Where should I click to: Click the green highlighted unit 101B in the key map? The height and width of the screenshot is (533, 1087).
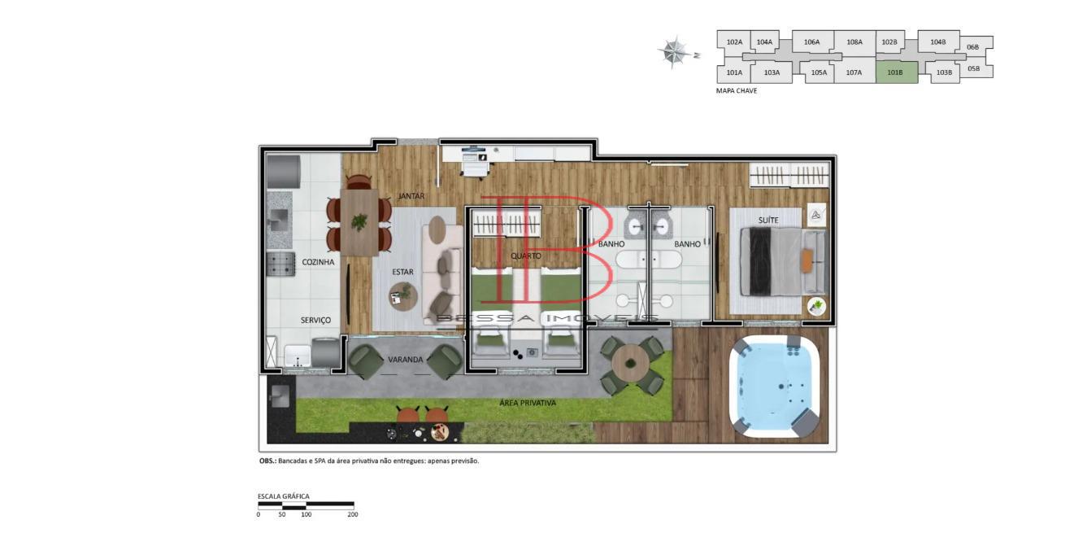tap(896, 72)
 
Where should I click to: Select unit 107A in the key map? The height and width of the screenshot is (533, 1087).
tap(854, 72)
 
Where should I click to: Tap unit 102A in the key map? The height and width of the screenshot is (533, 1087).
tap(734, 42)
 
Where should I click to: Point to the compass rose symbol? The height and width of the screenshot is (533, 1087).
tap(674, 51)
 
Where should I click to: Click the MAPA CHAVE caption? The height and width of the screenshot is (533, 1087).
tap(736, 91)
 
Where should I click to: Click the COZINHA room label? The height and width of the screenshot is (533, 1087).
tap(318, 262)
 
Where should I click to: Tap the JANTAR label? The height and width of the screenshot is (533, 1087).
tap(411, 196)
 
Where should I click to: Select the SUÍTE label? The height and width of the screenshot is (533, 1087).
tap(768, 221)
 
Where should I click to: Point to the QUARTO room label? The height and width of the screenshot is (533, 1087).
tap(525, 256)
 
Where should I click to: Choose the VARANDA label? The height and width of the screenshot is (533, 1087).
tap(405, 360)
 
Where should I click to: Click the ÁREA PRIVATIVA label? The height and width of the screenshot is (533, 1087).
tap(528, 404)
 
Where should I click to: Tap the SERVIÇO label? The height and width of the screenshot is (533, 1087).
tap(315, 321)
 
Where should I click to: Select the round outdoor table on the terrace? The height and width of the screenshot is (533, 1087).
tap(630, 363)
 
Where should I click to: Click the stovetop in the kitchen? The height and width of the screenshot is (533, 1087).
tap(280, 264)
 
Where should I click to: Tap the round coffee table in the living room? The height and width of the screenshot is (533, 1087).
tap(402, 296)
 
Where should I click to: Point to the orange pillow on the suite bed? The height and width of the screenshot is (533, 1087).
tap(807, 261)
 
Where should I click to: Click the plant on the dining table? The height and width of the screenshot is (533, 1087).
tap(359, 222)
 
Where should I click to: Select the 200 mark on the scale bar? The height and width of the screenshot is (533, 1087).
tap(353, 514)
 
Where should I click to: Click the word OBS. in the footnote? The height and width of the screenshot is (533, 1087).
tap(267, 461)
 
